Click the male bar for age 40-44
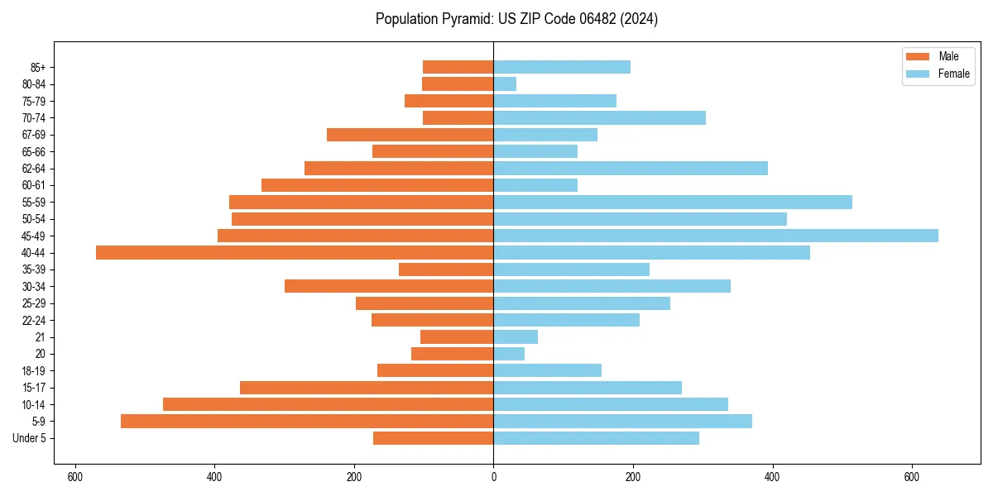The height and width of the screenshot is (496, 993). [295, 253]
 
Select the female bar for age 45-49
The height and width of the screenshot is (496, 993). [716, 236]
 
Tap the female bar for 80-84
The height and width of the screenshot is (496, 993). [505, 83]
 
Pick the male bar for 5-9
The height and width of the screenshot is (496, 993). [307, 422]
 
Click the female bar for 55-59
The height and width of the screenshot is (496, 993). [673, 202]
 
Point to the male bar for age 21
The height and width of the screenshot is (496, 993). [457, 337]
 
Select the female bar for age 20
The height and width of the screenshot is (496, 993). [509, 354]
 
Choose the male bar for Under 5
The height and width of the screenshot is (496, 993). [433, 438]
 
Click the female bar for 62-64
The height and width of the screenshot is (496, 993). [631, 169]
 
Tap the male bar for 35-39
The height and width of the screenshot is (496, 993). [446, 269]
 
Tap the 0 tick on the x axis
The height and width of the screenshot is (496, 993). [494, 477]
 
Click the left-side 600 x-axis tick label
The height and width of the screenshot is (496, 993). [75, 477]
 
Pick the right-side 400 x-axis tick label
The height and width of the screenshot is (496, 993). [772, 477]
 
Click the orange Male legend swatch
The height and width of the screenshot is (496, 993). [918, 56]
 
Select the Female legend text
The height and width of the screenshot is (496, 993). [953, 74]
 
